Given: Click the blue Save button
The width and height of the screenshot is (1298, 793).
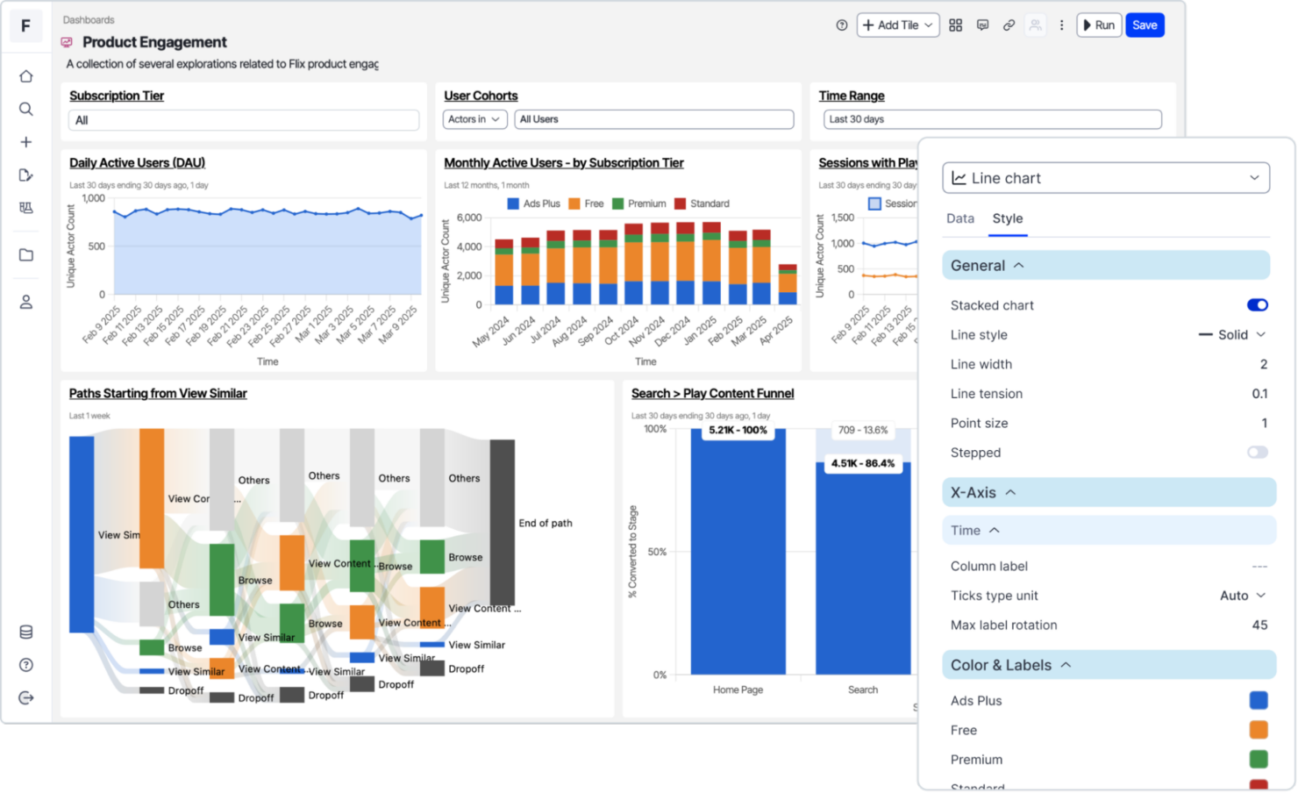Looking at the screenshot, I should coord(1145,25).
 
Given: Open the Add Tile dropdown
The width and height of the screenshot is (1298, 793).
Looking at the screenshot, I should coord(897,25).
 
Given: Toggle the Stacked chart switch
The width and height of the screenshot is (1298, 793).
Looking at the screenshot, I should coord(1257,305).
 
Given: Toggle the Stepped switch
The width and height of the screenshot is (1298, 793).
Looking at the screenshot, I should coord(1257,453).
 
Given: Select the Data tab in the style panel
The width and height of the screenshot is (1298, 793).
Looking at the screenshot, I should coord(959,218).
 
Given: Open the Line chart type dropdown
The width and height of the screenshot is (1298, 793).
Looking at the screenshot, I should coord(1105,178).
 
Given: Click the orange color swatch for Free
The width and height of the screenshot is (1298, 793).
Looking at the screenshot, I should coord(1258,730).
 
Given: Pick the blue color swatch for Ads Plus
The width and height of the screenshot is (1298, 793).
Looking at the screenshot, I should coord(1258,700).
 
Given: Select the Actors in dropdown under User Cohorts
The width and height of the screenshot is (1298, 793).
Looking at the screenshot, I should coord(474,119).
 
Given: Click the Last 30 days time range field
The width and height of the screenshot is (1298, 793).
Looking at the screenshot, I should coord(992,119).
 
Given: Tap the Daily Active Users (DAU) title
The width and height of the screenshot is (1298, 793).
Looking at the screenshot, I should coord(137,163).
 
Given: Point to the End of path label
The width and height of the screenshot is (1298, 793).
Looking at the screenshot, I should coord(545,523).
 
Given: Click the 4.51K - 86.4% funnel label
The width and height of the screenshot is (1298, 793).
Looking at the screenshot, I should coord(863,463).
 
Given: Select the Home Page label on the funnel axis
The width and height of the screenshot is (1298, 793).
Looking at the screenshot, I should coord(738,689).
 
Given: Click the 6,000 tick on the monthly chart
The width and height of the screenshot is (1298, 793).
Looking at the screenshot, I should coord(469,218).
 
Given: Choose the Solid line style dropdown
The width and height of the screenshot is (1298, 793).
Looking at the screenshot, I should coord(1233,335).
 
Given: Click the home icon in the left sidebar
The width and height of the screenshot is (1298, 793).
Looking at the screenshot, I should coord(26,76).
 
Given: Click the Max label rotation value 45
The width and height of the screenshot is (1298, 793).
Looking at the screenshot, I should coord(1259,625).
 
